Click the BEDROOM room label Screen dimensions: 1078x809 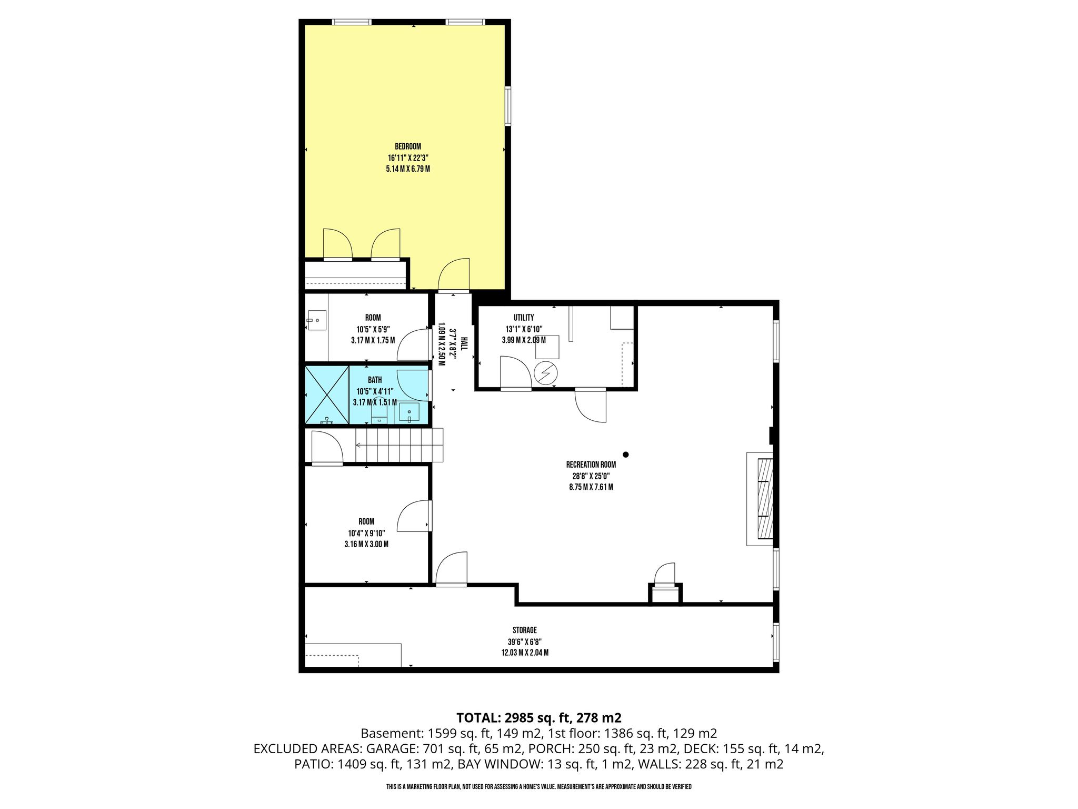click(408, 146)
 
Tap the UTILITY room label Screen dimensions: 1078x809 click(524, 318)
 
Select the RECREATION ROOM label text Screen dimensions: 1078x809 click(591, 465)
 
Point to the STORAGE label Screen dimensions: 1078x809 click(525, 630)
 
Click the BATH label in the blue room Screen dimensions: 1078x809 click(375, 380)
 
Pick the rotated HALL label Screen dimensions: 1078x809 click(464, 344)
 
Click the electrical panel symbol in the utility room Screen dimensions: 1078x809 click(545, 373)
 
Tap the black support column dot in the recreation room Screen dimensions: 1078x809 click(626, 455)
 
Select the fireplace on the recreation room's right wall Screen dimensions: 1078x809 click(760, 499)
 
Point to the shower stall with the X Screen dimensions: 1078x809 click(327, 395)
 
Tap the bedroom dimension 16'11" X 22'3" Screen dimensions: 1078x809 click(408, 158)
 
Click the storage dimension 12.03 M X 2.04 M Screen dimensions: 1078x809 click(525, 653)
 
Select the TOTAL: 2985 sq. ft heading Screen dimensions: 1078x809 click(539, 717)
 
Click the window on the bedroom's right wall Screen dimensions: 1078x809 click(508, 106)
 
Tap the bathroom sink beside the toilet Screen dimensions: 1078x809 click(409, 412)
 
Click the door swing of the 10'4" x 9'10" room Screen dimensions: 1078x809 click(414, 516)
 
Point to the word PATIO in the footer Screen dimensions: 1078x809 click(312, 764)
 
